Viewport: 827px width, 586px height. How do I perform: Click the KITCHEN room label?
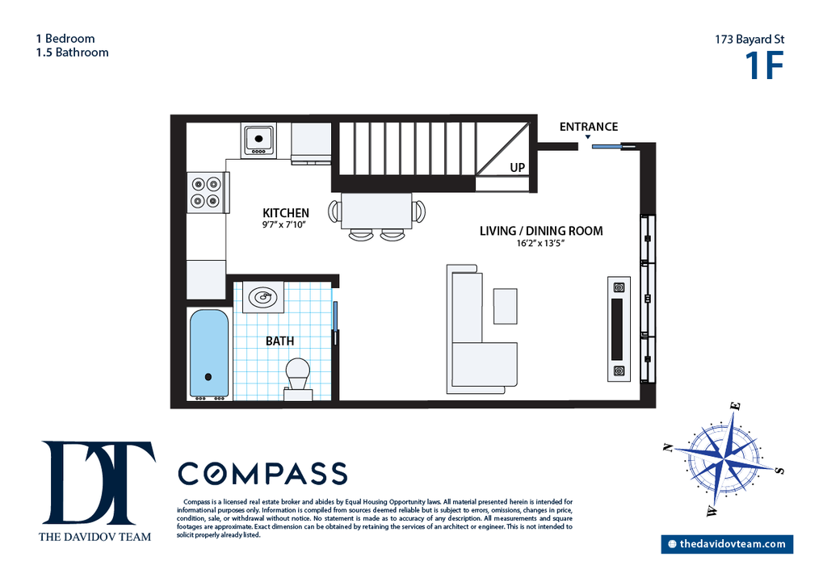(285, 213)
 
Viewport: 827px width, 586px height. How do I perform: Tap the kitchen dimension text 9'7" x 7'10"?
(284, 225)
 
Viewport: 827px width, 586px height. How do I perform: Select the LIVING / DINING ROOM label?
(541, 231)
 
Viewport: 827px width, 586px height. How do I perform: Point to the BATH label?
(280, 341)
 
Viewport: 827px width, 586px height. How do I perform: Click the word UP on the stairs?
(518, 168)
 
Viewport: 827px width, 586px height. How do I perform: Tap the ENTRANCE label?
(589, 127)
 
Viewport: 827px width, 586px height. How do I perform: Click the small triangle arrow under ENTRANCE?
(588, 137)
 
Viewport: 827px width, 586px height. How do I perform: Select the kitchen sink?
(258, 140)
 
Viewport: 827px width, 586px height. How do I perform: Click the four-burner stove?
(207, 192)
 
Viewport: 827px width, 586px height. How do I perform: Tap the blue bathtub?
(209, 353)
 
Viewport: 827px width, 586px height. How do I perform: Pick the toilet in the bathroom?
(298, 379)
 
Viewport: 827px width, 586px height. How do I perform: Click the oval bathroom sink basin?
(262, 298)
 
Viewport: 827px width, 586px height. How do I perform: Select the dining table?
(376, 211)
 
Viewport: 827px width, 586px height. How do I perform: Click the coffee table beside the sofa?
(505, 306)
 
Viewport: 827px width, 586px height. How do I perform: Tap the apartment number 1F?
(764, 65)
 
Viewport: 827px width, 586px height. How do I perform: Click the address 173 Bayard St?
(749, 40)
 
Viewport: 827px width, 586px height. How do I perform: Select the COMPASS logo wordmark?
(262, 473)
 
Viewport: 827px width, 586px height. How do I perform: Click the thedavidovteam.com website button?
(727, 544)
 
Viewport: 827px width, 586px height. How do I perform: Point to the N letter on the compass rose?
(668, 448)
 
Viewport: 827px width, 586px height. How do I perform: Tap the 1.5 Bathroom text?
(72, 52)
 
